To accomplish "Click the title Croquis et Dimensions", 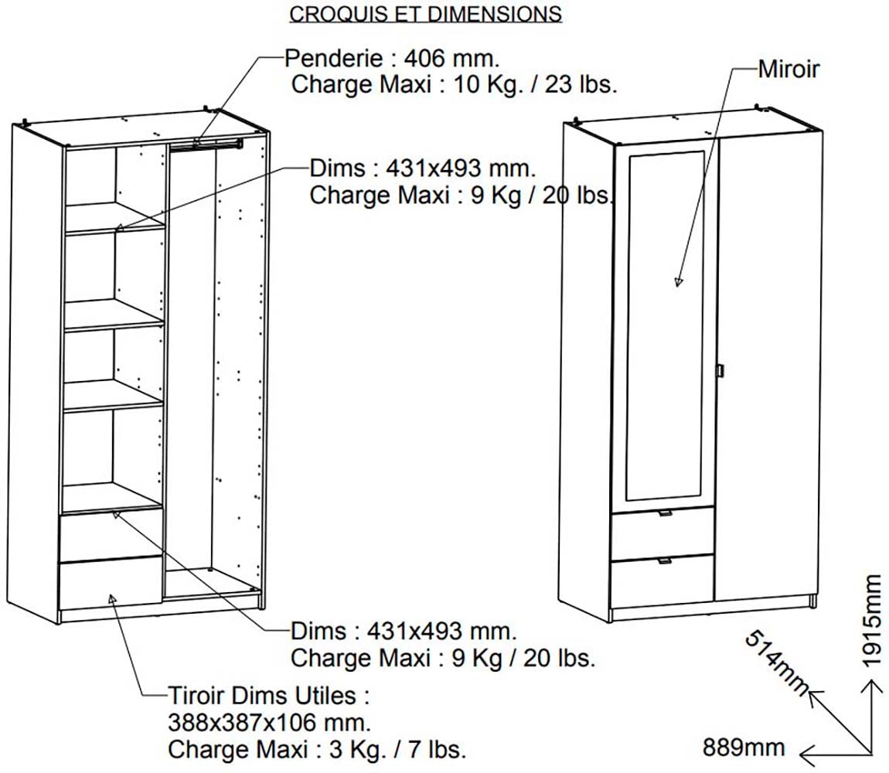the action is pos(425,14).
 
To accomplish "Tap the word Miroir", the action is pos(789,70).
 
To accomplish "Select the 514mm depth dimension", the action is pos(778,662).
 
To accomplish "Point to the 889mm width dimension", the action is pos(744,747).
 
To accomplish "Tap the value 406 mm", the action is pos(451,58).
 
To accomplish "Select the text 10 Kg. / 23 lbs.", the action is pos(535,84).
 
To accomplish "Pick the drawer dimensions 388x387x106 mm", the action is pos(269,723).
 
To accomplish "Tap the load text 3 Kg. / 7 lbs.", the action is pos(397,749).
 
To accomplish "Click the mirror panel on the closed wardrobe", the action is pos(665,325).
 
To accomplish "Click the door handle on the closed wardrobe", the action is pos(720,369).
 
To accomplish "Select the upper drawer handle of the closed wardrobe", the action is pos(665,513).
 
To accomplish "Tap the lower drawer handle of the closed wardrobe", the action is pos(665,561).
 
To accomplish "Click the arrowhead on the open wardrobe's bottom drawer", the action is pos(112,599).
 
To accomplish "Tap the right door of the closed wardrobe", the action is pos(768,366).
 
